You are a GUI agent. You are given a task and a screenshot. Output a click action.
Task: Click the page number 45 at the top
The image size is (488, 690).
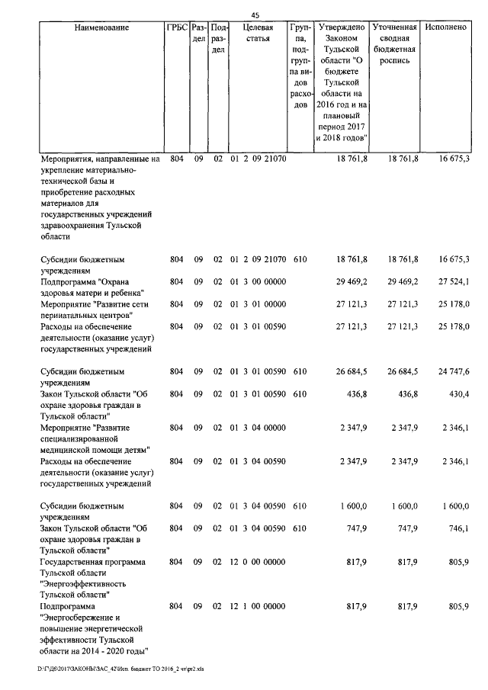click(255, 13)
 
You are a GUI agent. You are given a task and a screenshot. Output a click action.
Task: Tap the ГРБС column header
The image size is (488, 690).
click(176, 27)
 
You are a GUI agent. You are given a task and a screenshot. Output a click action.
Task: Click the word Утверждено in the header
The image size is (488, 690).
click(340, 27)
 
